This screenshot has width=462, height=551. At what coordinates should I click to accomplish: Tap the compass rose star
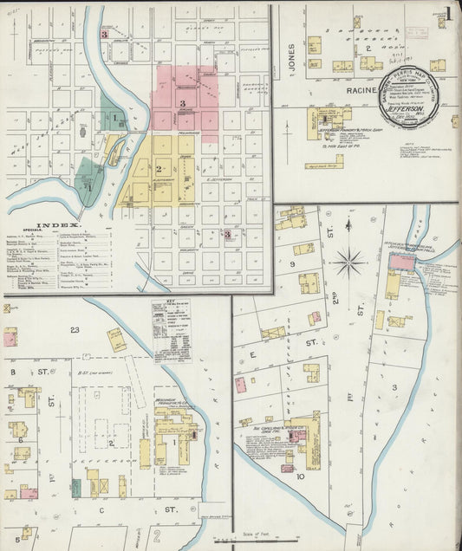coord(350,257)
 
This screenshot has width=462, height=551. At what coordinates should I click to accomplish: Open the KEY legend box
coord(171,331)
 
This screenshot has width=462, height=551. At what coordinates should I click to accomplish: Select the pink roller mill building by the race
coord(401,263)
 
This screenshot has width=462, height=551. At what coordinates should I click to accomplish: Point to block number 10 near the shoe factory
coord(300,476)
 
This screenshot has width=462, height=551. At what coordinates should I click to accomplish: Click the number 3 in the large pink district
coord(182,104)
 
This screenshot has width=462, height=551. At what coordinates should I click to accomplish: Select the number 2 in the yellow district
coord(159,167)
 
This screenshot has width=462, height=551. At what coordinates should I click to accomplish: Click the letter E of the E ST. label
coord(254,354)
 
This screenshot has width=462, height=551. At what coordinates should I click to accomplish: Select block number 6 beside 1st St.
coord(19,440)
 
